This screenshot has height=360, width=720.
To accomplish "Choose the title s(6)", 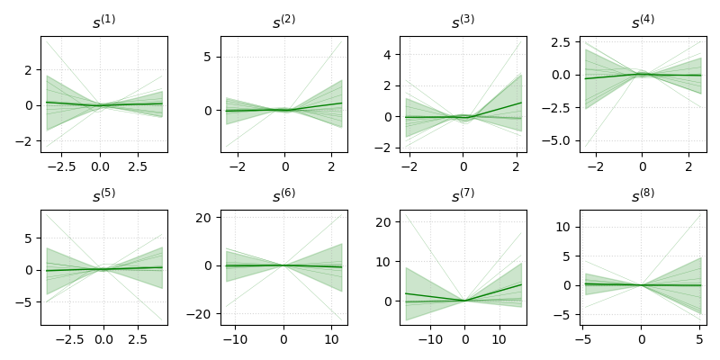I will pos(283,195).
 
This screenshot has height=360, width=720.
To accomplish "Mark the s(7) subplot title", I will pos(463,195).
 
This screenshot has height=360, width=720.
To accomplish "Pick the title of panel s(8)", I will pos(643,195).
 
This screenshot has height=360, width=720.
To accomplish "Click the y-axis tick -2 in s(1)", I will pos(27,141).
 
